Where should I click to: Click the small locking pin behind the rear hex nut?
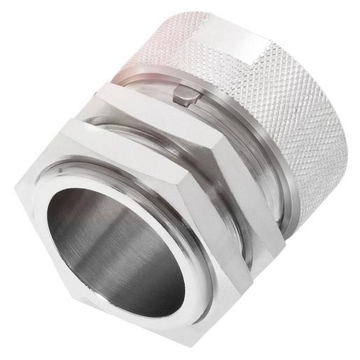[183, 94]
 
